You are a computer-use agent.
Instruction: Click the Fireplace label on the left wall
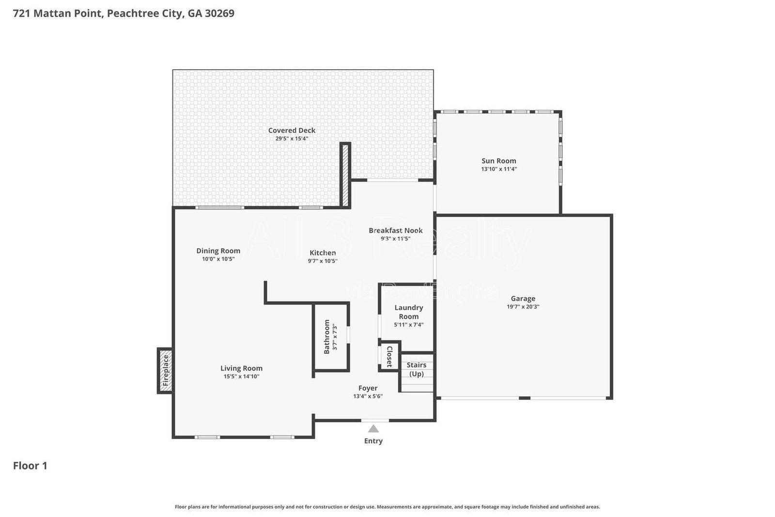pyautogui.click(x=166, y=371)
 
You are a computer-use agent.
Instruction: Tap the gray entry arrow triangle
pyautogui.click(x=373, y=429)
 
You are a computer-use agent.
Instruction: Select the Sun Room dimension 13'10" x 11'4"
pyautogui.click(x=498, y=169)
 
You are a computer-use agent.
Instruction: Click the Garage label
pyautogui.click(x=523, y=298)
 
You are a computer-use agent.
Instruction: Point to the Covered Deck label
pyautogui.click(x=292, y=130)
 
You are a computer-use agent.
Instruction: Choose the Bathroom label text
pyautogui.click(x=327, y=336)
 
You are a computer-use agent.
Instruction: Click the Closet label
pyautogui.click(x=389, y=357)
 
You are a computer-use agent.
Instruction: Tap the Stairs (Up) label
pyautogui.click(x=416, y=369)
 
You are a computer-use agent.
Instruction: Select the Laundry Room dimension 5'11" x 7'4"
pyautogui.click(x=408, y=325)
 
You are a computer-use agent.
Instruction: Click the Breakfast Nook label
pyautogui.click(x=395, y=231)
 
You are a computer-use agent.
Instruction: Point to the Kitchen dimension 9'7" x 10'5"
pyautogui.click(x=323, y=261)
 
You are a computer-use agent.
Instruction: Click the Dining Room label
pyautogui.click(x=218, y=251)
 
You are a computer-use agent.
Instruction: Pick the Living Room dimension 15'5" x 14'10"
pyautogui.click(x=241, y=376)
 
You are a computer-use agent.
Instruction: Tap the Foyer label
pyautogui.click(x=368, y=388)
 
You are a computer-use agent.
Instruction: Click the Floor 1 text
pyautogui.click(x=30, y=466)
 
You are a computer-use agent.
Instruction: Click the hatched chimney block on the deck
pyautogui.click(x=345, y=175)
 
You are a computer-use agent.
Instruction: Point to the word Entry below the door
pyautogui.click(x=373, y=441)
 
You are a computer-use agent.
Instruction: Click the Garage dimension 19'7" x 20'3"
pyautogui.click(x=523, y=307)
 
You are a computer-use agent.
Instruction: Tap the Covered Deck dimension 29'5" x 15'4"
pyautogui.click(x=292, y=139)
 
